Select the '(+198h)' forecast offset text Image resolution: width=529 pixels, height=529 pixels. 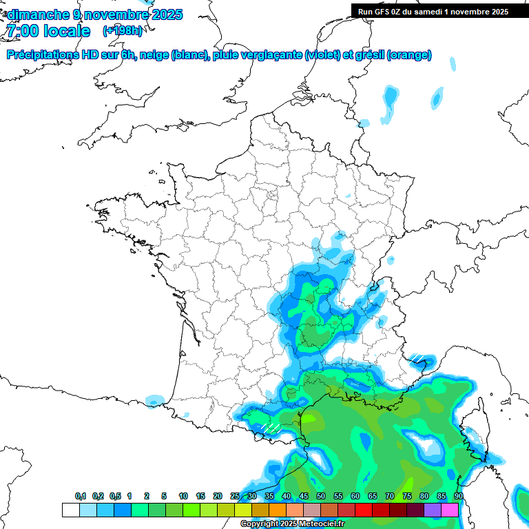(122, 31)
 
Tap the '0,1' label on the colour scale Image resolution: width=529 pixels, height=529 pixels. (81, 496)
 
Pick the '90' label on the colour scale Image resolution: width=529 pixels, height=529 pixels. (458, 496)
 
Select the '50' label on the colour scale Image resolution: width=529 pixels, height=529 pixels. (321, 496)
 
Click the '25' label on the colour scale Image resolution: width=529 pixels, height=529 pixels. (235, 496)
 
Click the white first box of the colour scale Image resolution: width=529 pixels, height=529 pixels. (70, 510)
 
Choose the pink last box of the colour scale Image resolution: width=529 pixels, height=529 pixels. (450, 510)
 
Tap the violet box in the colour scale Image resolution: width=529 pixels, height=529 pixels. (433, 510)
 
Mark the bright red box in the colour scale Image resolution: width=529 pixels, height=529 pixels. (364, 510)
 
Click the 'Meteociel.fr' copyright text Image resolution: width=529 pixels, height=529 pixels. (321, 524)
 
